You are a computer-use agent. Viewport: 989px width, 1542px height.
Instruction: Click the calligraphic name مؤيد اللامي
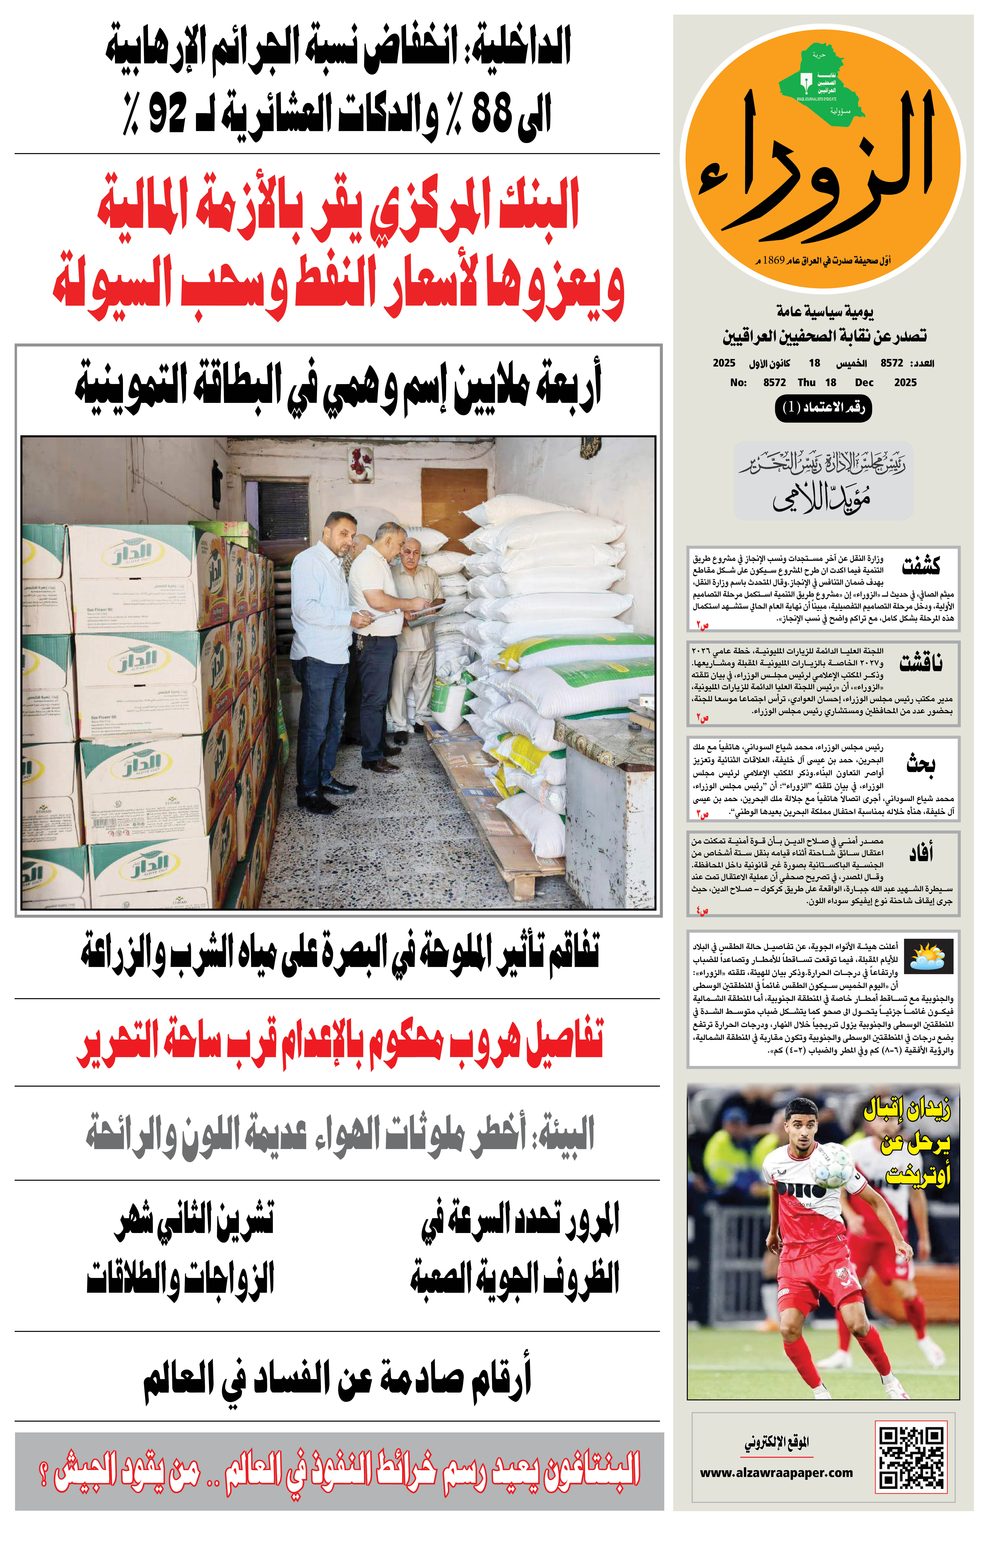coord(822,498)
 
